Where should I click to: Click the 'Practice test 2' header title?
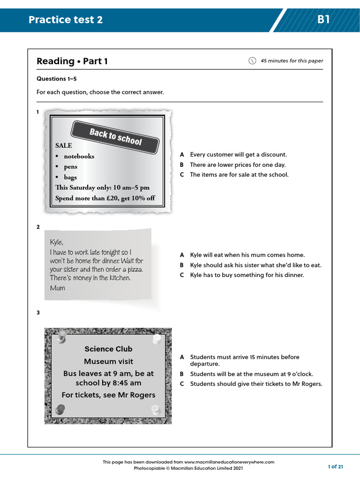point(65,20)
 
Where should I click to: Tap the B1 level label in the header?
point(323,20)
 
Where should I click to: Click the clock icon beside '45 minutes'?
point(252,60)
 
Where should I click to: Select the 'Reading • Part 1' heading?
point(72,61)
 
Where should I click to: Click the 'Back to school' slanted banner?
point(115,136)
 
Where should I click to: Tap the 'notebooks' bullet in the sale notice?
point(79,156)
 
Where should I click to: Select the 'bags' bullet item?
point(70,177)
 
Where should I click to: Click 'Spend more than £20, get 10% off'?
point(105,198)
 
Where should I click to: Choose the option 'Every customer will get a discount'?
point(238,155)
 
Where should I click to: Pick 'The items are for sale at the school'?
point(239,175)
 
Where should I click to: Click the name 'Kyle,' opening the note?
point(56,242)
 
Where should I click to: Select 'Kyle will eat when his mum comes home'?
point(247,255)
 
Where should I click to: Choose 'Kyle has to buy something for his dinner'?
point(247,275)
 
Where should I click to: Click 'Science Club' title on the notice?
point(108,349)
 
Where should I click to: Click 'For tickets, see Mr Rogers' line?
point(108,395)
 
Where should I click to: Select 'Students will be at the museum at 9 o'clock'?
point(251,374)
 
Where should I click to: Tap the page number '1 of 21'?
point(335,466)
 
